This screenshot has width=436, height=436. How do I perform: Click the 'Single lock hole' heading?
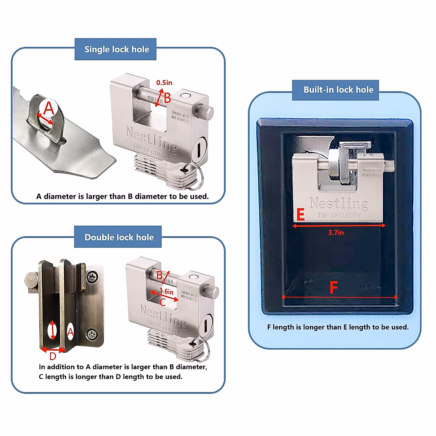pos(116,49)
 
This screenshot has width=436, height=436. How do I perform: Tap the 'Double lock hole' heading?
pos(119,237)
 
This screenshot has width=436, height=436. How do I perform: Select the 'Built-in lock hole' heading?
pos(338,90)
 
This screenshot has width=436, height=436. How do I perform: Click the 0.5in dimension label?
pos(164,83)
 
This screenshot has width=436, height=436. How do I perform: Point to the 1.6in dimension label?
pos(167,291)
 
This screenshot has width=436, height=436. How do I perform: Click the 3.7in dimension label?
pos(336,233)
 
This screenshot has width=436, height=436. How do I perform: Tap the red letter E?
pos(300,215)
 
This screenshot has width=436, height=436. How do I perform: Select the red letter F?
pos(333,287)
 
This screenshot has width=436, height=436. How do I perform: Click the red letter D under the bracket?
pos(53,356)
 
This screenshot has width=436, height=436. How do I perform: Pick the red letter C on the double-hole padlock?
pos(163,302)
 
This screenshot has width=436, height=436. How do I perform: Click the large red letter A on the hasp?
pos(49,108)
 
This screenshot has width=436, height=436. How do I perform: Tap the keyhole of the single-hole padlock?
pos(199,149)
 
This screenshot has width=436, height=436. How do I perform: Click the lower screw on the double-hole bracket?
pos(92,333)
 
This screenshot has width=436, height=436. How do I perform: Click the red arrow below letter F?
pos(339,297)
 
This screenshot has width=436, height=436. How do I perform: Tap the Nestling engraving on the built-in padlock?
pos(339,203)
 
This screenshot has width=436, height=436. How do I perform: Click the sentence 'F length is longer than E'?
pos(338,327)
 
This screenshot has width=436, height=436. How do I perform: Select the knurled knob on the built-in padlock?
pos(389,166)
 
